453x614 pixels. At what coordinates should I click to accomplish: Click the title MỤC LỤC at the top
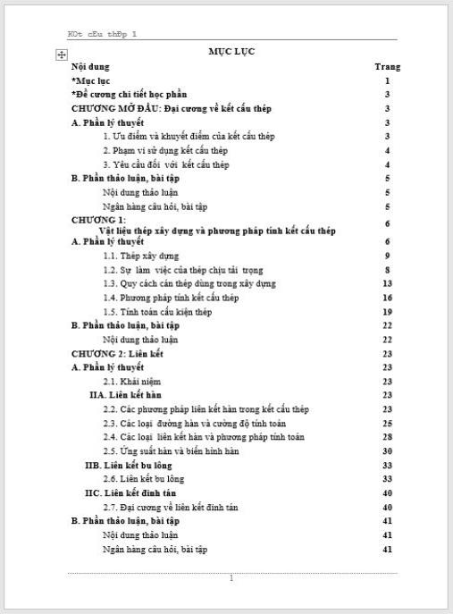[x=231, y=52]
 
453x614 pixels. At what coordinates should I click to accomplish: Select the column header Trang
[x=387, y=66]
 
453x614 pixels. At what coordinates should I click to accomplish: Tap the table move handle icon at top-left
[x=61, y=55]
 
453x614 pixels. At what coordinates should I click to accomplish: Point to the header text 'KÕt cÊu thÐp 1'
[x=102, y=34]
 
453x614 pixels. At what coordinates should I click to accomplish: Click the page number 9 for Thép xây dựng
[x=387, y=256]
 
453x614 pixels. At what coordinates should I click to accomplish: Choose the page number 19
[x=387, y=312]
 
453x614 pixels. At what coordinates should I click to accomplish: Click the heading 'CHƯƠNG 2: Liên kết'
[x=117, y=354]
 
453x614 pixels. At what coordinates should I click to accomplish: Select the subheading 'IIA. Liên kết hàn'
[x=125, y=395]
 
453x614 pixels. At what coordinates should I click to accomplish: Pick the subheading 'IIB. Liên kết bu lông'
[x=129, y=466]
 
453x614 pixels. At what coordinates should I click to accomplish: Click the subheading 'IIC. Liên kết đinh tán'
[x=130, y=493]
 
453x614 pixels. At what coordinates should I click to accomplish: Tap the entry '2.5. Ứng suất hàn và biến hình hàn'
[x=171, y=451]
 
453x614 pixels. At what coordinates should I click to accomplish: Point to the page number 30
[x=387, y=451]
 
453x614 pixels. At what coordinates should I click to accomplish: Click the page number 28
[x=387, y=437]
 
